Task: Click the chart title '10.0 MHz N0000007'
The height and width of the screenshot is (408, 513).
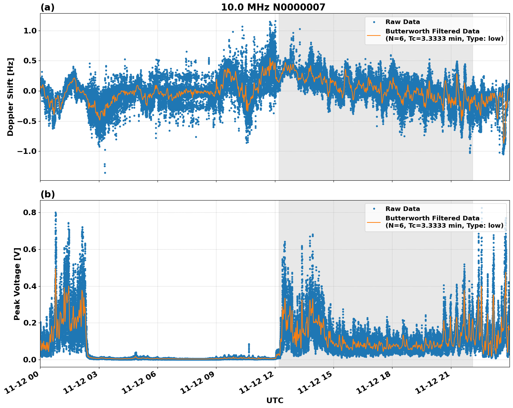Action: [273, 7]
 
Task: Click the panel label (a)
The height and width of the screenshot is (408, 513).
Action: [47, 7]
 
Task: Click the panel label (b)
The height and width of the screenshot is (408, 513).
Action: [47, 194]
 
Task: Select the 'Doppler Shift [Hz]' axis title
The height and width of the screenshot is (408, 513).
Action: [10, 97]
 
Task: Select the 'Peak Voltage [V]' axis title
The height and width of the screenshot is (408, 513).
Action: [17, 284]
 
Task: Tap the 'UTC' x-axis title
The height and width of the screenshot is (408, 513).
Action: [275, 400]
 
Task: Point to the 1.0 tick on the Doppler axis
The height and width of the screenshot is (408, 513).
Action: [30, 31]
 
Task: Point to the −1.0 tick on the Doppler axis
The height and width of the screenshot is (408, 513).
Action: [27, 151]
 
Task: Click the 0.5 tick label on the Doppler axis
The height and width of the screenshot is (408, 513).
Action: [30, 61]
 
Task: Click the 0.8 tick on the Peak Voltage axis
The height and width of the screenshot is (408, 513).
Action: [30, 212]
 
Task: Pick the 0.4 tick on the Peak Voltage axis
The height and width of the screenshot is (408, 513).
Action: [30, 286]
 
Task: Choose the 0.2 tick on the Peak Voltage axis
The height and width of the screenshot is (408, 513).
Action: [30, 323]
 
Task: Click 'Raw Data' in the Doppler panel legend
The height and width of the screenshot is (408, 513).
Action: [403, 22]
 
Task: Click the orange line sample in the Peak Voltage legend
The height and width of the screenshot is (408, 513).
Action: [374, 222]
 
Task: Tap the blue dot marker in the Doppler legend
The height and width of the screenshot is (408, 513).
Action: [374, 22]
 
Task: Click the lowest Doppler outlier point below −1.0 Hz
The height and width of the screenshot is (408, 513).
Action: [105, 173]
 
